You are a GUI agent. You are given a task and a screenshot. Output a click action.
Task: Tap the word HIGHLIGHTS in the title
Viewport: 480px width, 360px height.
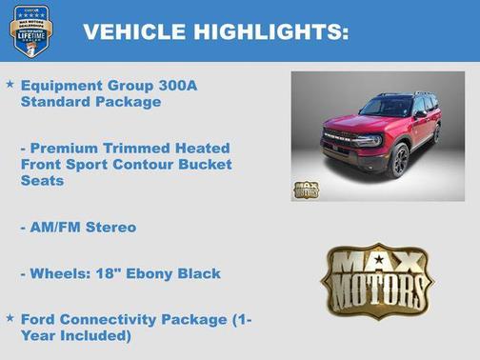270,32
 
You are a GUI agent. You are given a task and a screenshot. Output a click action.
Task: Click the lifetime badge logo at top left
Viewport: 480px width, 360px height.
30,30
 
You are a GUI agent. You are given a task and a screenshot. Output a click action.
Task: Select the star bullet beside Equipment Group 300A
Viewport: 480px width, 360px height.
10,85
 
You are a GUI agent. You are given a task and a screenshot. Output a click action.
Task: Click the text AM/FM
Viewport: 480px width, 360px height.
58,227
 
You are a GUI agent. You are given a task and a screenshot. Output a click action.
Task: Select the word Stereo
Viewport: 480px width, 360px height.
112,227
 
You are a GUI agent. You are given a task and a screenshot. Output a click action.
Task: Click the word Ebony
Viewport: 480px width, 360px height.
145,273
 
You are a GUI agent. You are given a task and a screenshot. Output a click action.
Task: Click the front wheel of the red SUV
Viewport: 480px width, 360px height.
397,161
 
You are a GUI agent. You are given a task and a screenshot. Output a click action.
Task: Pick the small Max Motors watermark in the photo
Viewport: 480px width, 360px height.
306,189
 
